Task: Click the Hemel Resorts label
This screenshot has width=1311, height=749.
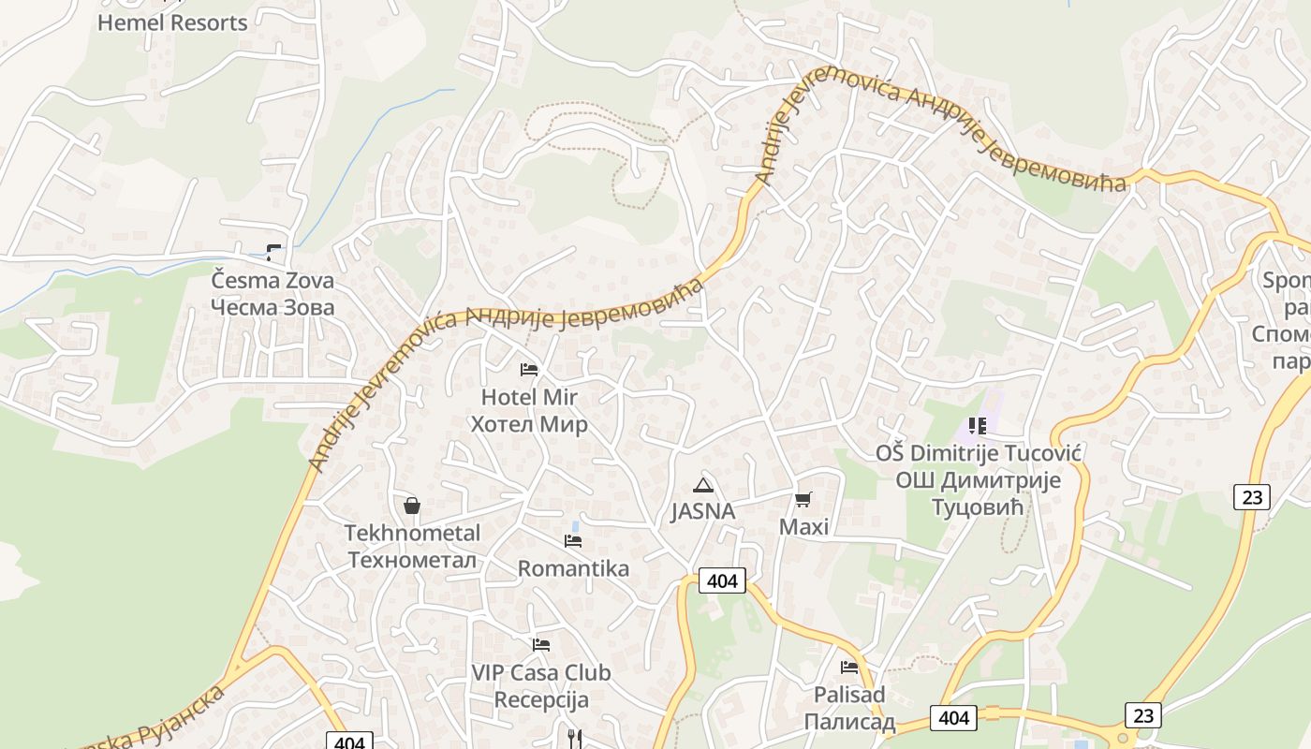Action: [x=172, y=22]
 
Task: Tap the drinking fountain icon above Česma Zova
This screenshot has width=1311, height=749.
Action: [x=273, y=251]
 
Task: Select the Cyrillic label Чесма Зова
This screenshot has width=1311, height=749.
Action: [x=272, y=307]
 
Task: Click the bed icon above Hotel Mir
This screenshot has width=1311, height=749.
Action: [x=529, y=370]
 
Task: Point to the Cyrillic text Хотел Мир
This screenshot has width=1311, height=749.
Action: [x=529, y=424]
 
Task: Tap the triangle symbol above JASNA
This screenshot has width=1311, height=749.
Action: [x=702, y=485]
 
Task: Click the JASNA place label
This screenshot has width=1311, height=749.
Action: [x=702, y=512]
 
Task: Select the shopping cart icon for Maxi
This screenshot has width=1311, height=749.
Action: [x=803, y=500]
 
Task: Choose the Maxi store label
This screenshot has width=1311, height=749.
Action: [x=803, y=527]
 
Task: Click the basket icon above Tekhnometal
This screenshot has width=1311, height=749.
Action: [x=412, y=507]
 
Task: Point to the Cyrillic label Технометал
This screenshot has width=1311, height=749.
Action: [x=412, y=560]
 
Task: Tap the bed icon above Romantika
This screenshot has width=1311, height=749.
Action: [x=573, y=541]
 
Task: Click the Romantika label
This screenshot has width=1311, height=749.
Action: [x=573, y=568]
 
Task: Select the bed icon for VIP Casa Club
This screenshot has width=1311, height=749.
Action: [x=540, y=645]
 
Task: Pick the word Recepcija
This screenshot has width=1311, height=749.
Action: [x=540, y=699]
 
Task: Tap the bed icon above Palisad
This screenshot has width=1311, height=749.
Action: [x=849, y=668]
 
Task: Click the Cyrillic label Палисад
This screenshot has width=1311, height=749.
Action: [x=849, y=722]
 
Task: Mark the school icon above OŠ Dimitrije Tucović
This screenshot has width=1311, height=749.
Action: [x=978, y=427]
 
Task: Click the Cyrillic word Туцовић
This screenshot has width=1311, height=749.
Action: [x=978, y=507]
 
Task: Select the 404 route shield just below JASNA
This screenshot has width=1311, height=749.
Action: [x=722, y=580]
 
